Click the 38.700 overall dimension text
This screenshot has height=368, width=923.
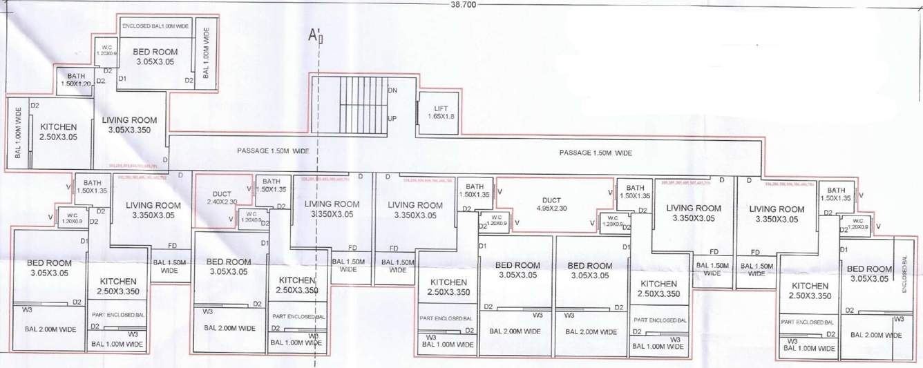(461, 4)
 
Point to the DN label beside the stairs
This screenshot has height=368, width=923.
(392, 90)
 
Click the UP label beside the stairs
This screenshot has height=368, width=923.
(392, 119)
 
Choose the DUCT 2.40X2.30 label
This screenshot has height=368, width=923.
(221, 197)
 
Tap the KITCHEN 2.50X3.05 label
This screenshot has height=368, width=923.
(58, 131)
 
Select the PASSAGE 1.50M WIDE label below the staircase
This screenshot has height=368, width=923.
(273, 150)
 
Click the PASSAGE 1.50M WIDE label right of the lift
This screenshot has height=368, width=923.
(595, 153)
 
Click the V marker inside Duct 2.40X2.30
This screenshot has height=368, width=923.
(230, 220)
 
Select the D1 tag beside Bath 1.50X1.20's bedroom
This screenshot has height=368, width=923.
(122, 81)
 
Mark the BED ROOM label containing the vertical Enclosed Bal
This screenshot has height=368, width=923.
(867, 273)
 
